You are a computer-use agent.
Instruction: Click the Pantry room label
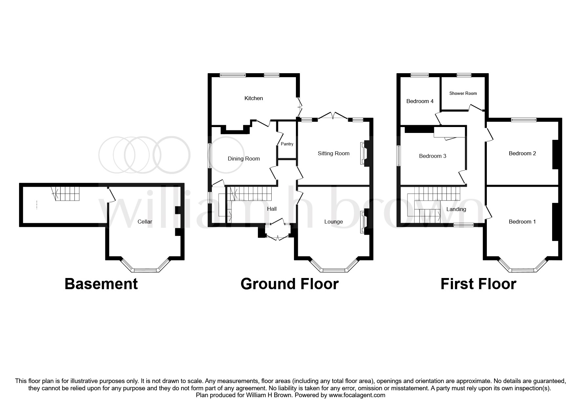(287, 144)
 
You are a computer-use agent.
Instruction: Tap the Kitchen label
(254, 98)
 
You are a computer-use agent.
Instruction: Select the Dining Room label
(244, 159)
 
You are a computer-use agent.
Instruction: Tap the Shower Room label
(463, 93)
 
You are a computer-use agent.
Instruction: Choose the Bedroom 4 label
(420, 101)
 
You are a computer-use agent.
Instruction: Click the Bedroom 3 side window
(399, 156)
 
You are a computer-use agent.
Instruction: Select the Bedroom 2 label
(522, 153)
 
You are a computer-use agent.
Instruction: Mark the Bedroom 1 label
(522, 222)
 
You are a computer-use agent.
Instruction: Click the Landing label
(456, 209)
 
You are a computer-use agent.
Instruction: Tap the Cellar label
(145, 222)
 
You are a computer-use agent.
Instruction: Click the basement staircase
(67, 194)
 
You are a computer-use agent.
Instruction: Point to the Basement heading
(101, 284)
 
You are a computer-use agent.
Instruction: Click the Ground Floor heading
(289, 284)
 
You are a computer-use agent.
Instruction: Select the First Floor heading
(478, 284)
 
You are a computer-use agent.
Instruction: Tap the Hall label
(272, 209)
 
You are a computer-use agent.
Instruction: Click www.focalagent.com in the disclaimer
(357, 395)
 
